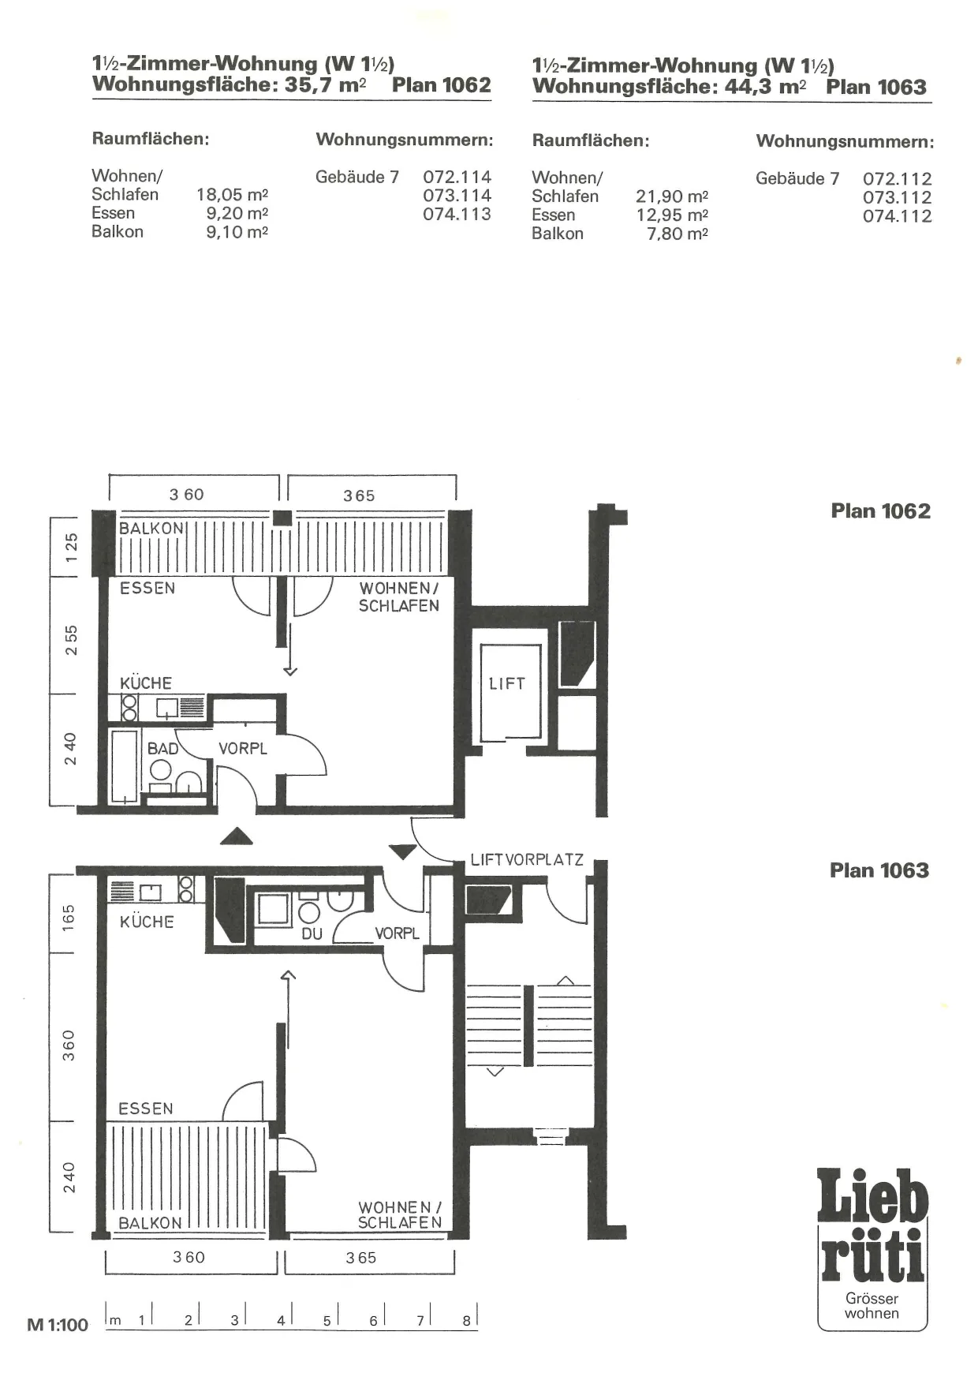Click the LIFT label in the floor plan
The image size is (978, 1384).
pyautogui.click(x=506, y=683)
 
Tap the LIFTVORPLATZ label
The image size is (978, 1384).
pyautogui.click(x=527, y=859)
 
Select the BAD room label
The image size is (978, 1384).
pyautogui.click(x=162, y=748)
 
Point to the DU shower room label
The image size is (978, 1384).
pyautogui.click(x=312, y=933)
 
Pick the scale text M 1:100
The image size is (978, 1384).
pyautogui.click(x=58, y=1325)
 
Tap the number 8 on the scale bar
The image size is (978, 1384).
pyautogui.click(x=466, y=1320)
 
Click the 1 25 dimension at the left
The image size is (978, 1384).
pyautogui.click(x=71, y=547)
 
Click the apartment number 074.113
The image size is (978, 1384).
pyautogui.click(x=457, y=214)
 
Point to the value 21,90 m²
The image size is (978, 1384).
pyautogui.click(x=672, y=196)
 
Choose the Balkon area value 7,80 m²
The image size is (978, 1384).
pyautogui.click(x=678, y=234)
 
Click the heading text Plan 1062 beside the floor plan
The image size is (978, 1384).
pyautogui.click(x=880, y=511)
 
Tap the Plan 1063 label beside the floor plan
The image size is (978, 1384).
pyautogui.click(x=879, y=870)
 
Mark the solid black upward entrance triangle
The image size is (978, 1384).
pyautogui.click(x=236, y=836)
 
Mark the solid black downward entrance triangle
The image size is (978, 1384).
pyautogui.click(x=402, y=851)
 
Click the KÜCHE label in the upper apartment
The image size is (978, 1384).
pyautogui.click(x=146, y=683)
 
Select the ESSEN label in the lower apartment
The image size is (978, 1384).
pyautogui.click(x=146, y=1109)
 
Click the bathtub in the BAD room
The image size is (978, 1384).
pyautogui.click(x=125, y=765)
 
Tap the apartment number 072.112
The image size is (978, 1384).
pyautogui.click(x=898, y=179)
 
